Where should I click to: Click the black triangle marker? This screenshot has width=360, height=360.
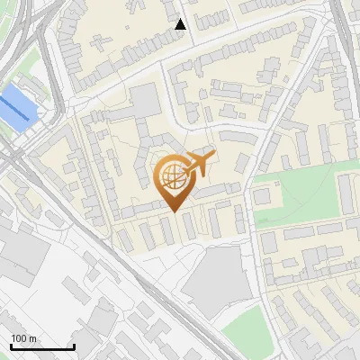(x=181, y=24)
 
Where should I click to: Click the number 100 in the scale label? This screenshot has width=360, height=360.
(x=19, y=338)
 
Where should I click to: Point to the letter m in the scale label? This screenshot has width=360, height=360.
(x=32, y=338)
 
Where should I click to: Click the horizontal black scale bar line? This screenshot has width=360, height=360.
(x=42, y=346)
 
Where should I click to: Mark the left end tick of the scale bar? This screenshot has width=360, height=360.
(x=12, y=345)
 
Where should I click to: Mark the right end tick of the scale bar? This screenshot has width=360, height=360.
(x=73, y=345)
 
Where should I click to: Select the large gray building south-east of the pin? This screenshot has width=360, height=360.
(x=215, y=275)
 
